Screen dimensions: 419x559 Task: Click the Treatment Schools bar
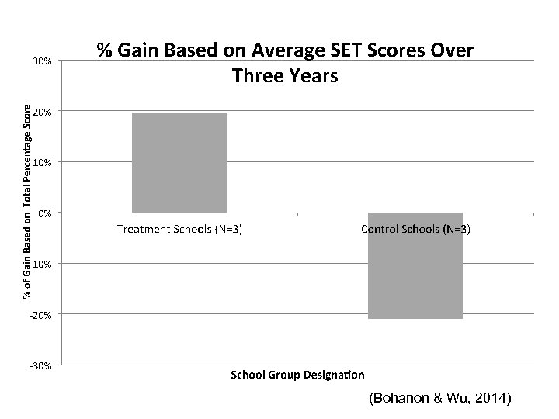[x=179, y=162]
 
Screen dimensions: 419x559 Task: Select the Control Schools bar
[x=415, y=265]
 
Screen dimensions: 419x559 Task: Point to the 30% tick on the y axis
[x=43, y=61]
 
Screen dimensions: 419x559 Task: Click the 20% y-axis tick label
[x=43, y=112]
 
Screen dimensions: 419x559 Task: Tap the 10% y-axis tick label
[x=43, y=162]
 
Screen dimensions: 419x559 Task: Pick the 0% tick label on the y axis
[x=45, y=213]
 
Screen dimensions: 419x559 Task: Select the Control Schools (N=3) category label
[x=415, y=229]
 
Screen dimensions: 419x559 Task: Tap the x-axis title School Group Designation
[x=297, y=376]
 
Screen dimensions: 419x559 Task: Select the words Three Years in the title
[x=285, y=76]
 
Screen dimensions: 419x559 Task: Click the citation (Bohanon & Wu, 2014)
[x=440, y=399]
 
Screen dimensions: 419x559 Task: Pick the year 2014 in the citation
[x=491, y=399]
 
